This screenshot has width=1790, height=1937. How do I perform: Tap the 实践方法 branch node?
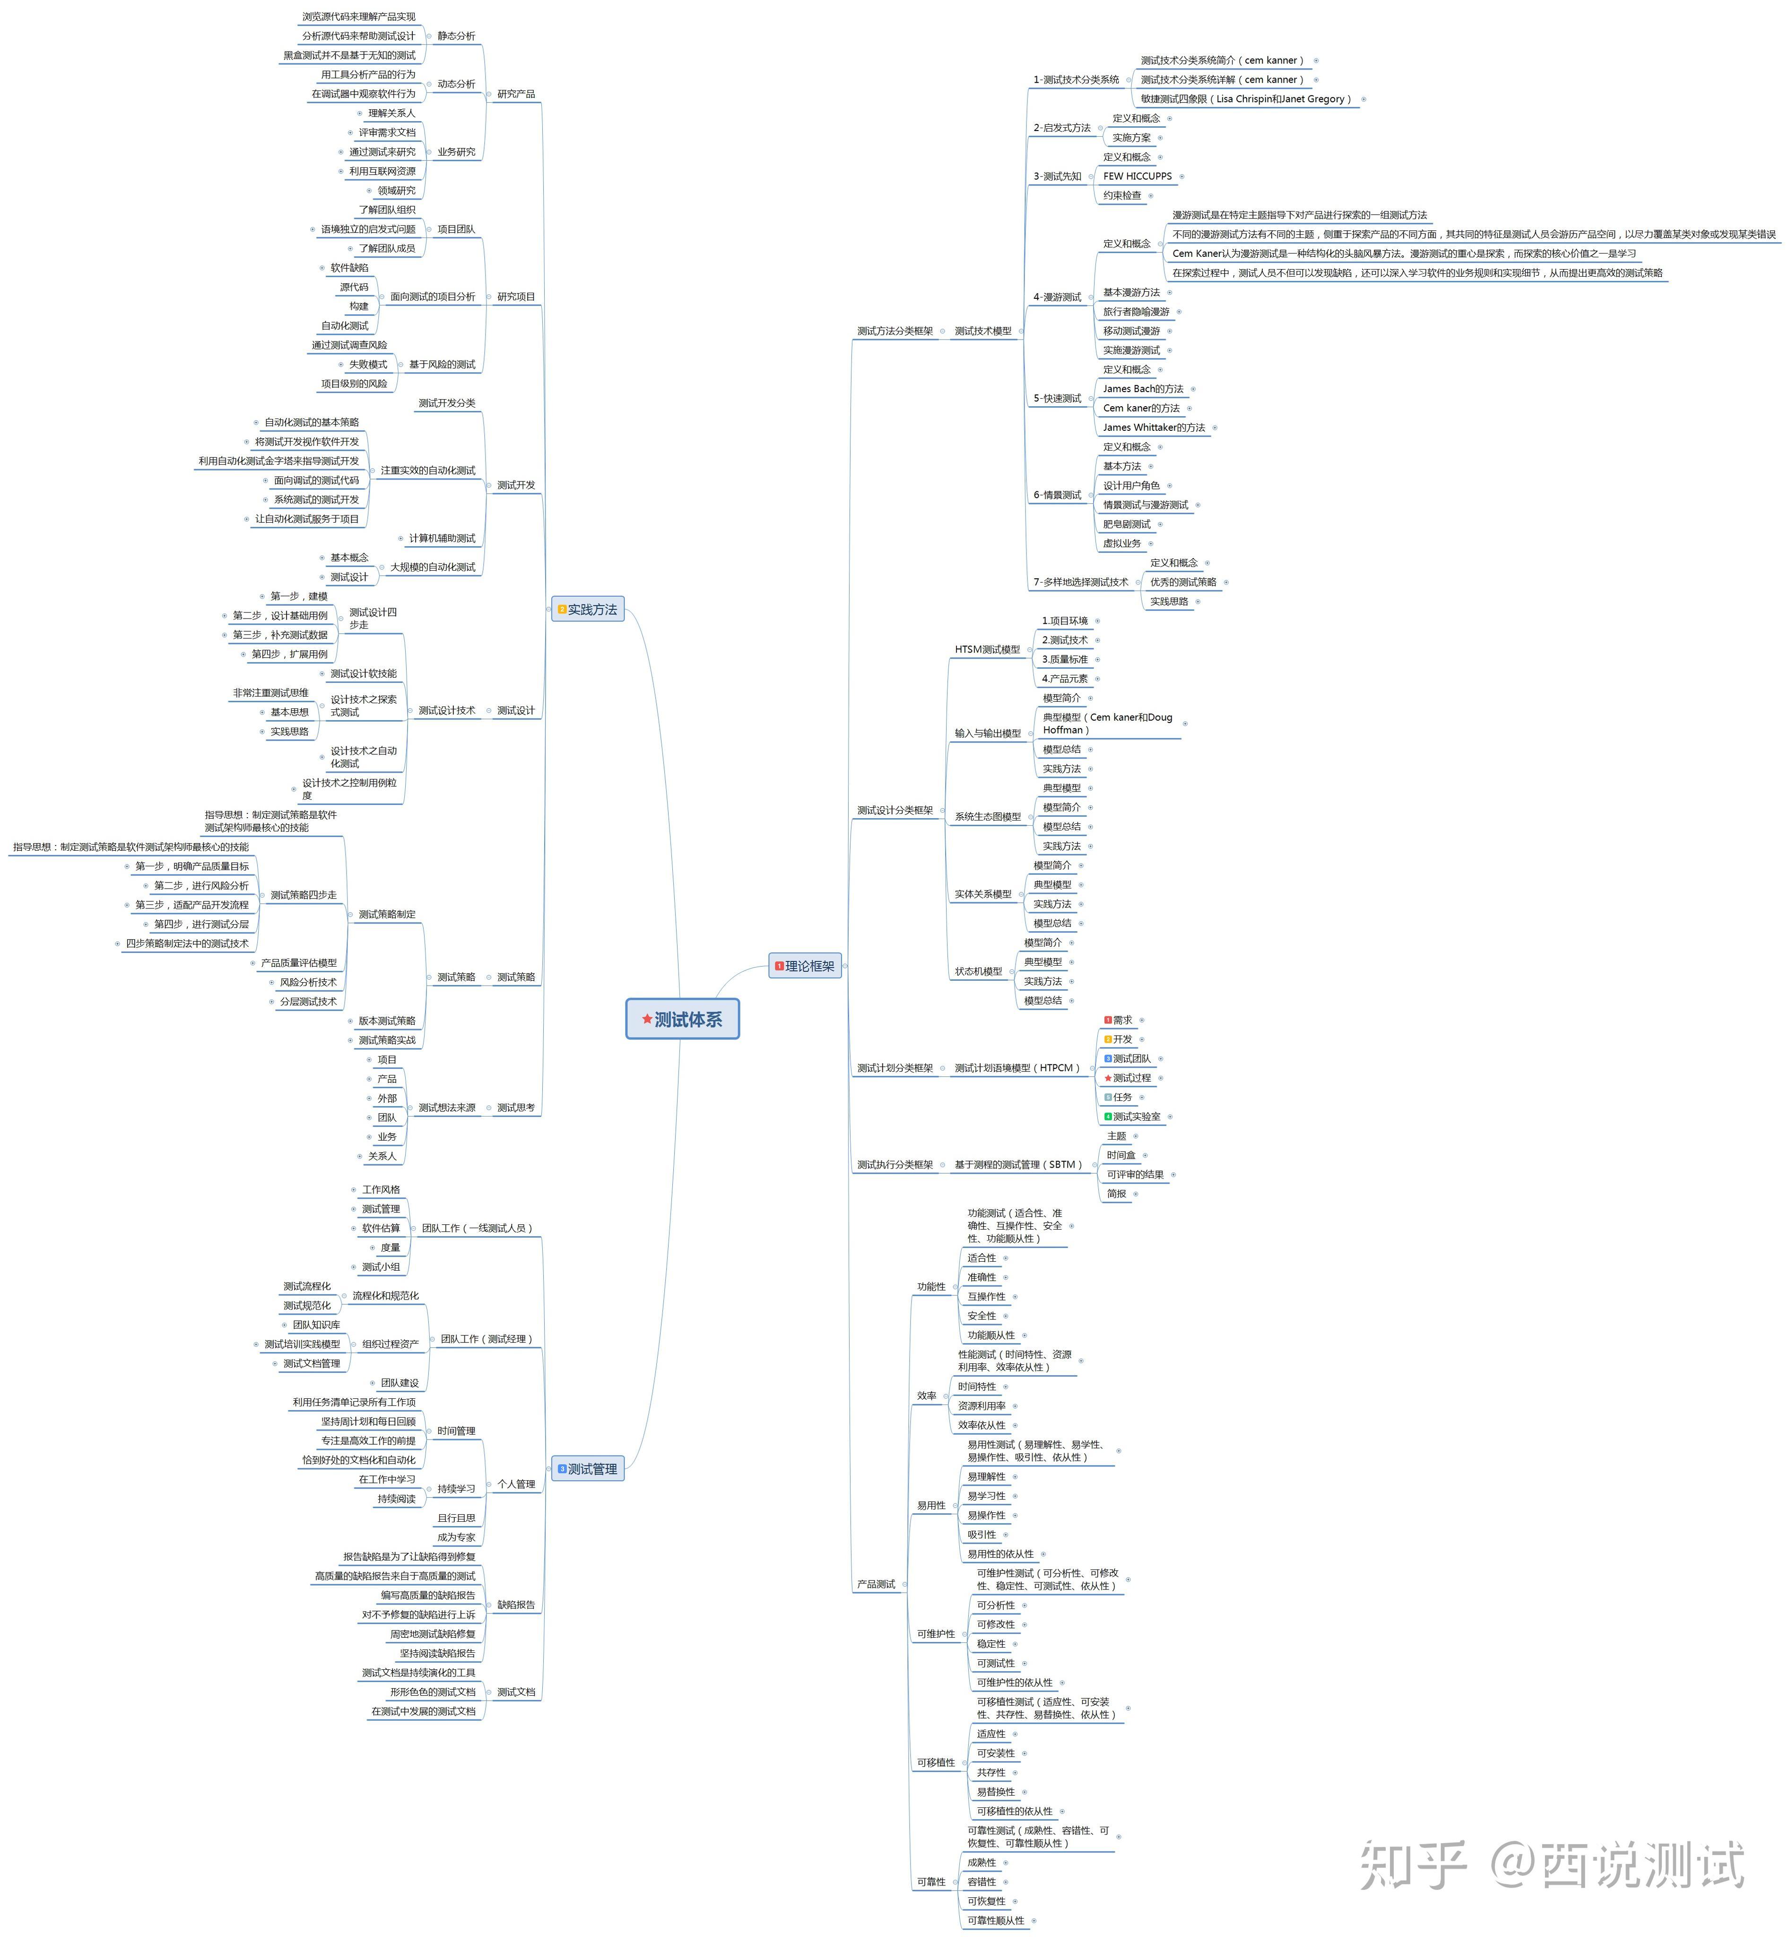pyautogui.click(x=588, y=610)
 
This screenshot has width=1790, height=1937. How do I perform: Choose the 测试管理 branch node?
pyautogui.click(x=588, y=1469)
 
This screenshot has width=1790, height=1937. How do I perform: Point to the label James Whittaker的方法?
pyautogui.click(x=1154, y=428)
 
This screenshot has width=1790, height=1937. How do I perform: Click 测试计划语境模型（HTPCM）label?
pyautogui.click(x=1017, y=1068)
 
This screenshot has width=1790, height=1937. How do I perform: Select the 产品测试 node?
pyautogui.click(x=876, y=1584)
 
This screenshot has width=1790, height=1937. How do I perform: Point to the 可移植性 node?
pyautogui.click(x=936, y=1762)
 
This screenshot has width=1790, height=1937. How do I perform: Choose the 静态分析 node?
pyautogui.click(x=456, y=36)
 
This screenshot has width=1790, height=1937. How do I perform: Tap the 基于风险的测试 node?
pyautogui.click(x=442, y=364)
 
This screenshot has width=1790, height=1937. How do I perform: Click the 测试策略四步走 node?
pyautogui.click(x=303, y=895)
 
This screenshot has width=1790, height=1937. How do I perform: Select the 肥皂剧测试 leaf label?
pyautogui.click(x=1127, y=524)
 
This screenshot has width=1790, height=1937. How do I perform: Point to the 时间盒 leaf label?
pyautogui.click(x=1121, y=1155)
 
